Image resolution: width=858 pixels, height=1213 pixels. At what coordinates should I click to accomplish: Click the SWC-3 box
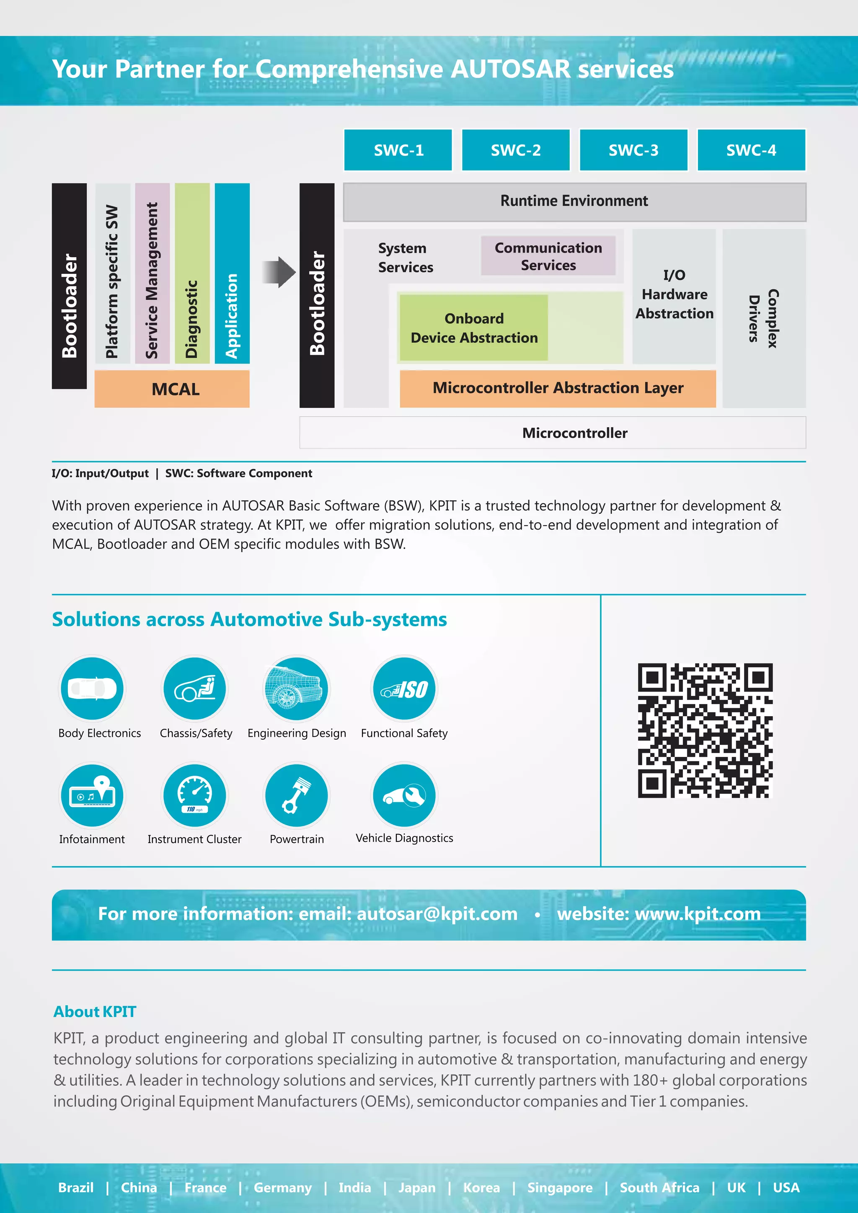pos(633,150)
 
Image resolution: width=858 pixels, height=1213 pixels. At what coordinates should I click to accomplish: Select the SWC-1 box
pos(398,150)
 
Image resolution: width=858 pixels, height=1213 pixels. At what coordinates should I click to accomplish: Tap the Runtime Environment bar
pos(574,201)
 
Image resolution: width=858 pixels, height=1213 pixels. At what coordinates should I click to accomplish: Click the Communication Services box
pos(548,256)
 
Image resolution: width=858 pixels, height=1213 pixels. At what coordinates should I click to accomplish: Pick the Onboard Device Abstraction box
pos(473,328)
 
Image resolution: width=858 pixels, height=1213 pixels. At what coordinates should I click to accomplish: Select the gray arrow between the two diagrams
pos(279,272)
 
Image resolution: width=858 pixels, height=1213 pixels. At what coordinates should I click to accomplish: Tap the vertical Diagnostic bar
pos(192,273)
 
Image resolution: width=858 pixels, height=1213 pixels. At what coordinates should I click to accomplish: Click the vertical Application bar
pos(232,273)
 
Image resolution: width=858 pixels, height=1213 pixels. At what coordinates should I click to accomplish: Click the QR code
pos(705,730)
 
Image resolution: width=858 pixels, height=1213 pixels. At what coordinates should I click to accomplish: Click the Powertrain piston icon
pos(296,795)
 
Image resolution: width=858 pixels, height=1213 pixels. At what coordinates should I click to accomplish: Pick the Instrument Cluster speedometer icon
pos(194,795)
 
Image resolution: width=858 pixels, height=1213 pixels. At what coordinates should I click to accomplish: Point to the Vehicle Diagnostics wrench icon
pos(404,795)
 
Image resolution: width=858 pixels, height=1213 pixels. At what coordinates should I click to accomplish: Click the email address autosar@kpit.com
pos(437,914)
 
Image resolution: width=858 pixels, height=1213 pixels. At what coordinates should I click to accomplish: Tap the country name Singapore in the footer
pos(559,1187)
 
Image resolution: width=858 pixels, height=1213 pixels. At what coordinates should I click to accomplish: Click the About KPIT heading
pos(95,1011)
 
